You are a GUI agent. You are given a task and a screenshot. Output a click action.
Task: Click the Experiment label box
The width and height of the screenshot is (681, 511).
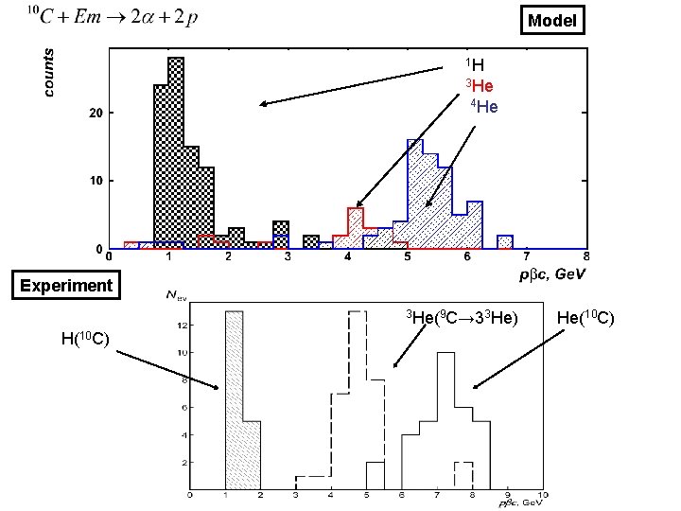(66, 285)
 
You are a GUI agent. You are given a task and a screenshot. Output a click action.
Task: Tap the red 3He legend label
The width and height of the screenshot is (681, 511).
(478, 86)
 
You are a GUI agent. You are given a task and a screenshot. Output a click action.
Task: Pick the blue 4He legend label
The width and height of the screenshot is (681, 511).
(483, 106)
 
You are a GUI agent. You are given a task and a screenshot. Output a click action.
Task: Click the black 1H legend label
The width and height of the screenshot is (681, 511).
(475, 65)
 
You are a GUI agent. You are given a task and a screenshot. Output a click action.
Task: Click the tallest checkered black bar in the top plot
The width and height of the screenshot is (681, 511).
(176, 151)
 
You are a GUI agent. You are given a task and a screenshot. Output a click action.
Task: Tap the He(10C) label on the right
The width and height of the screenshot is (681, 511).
(586, 316)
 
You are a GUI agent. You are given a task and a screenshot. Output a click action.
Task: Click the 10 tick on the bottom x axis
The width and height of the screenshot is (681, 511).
(543, 495)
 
